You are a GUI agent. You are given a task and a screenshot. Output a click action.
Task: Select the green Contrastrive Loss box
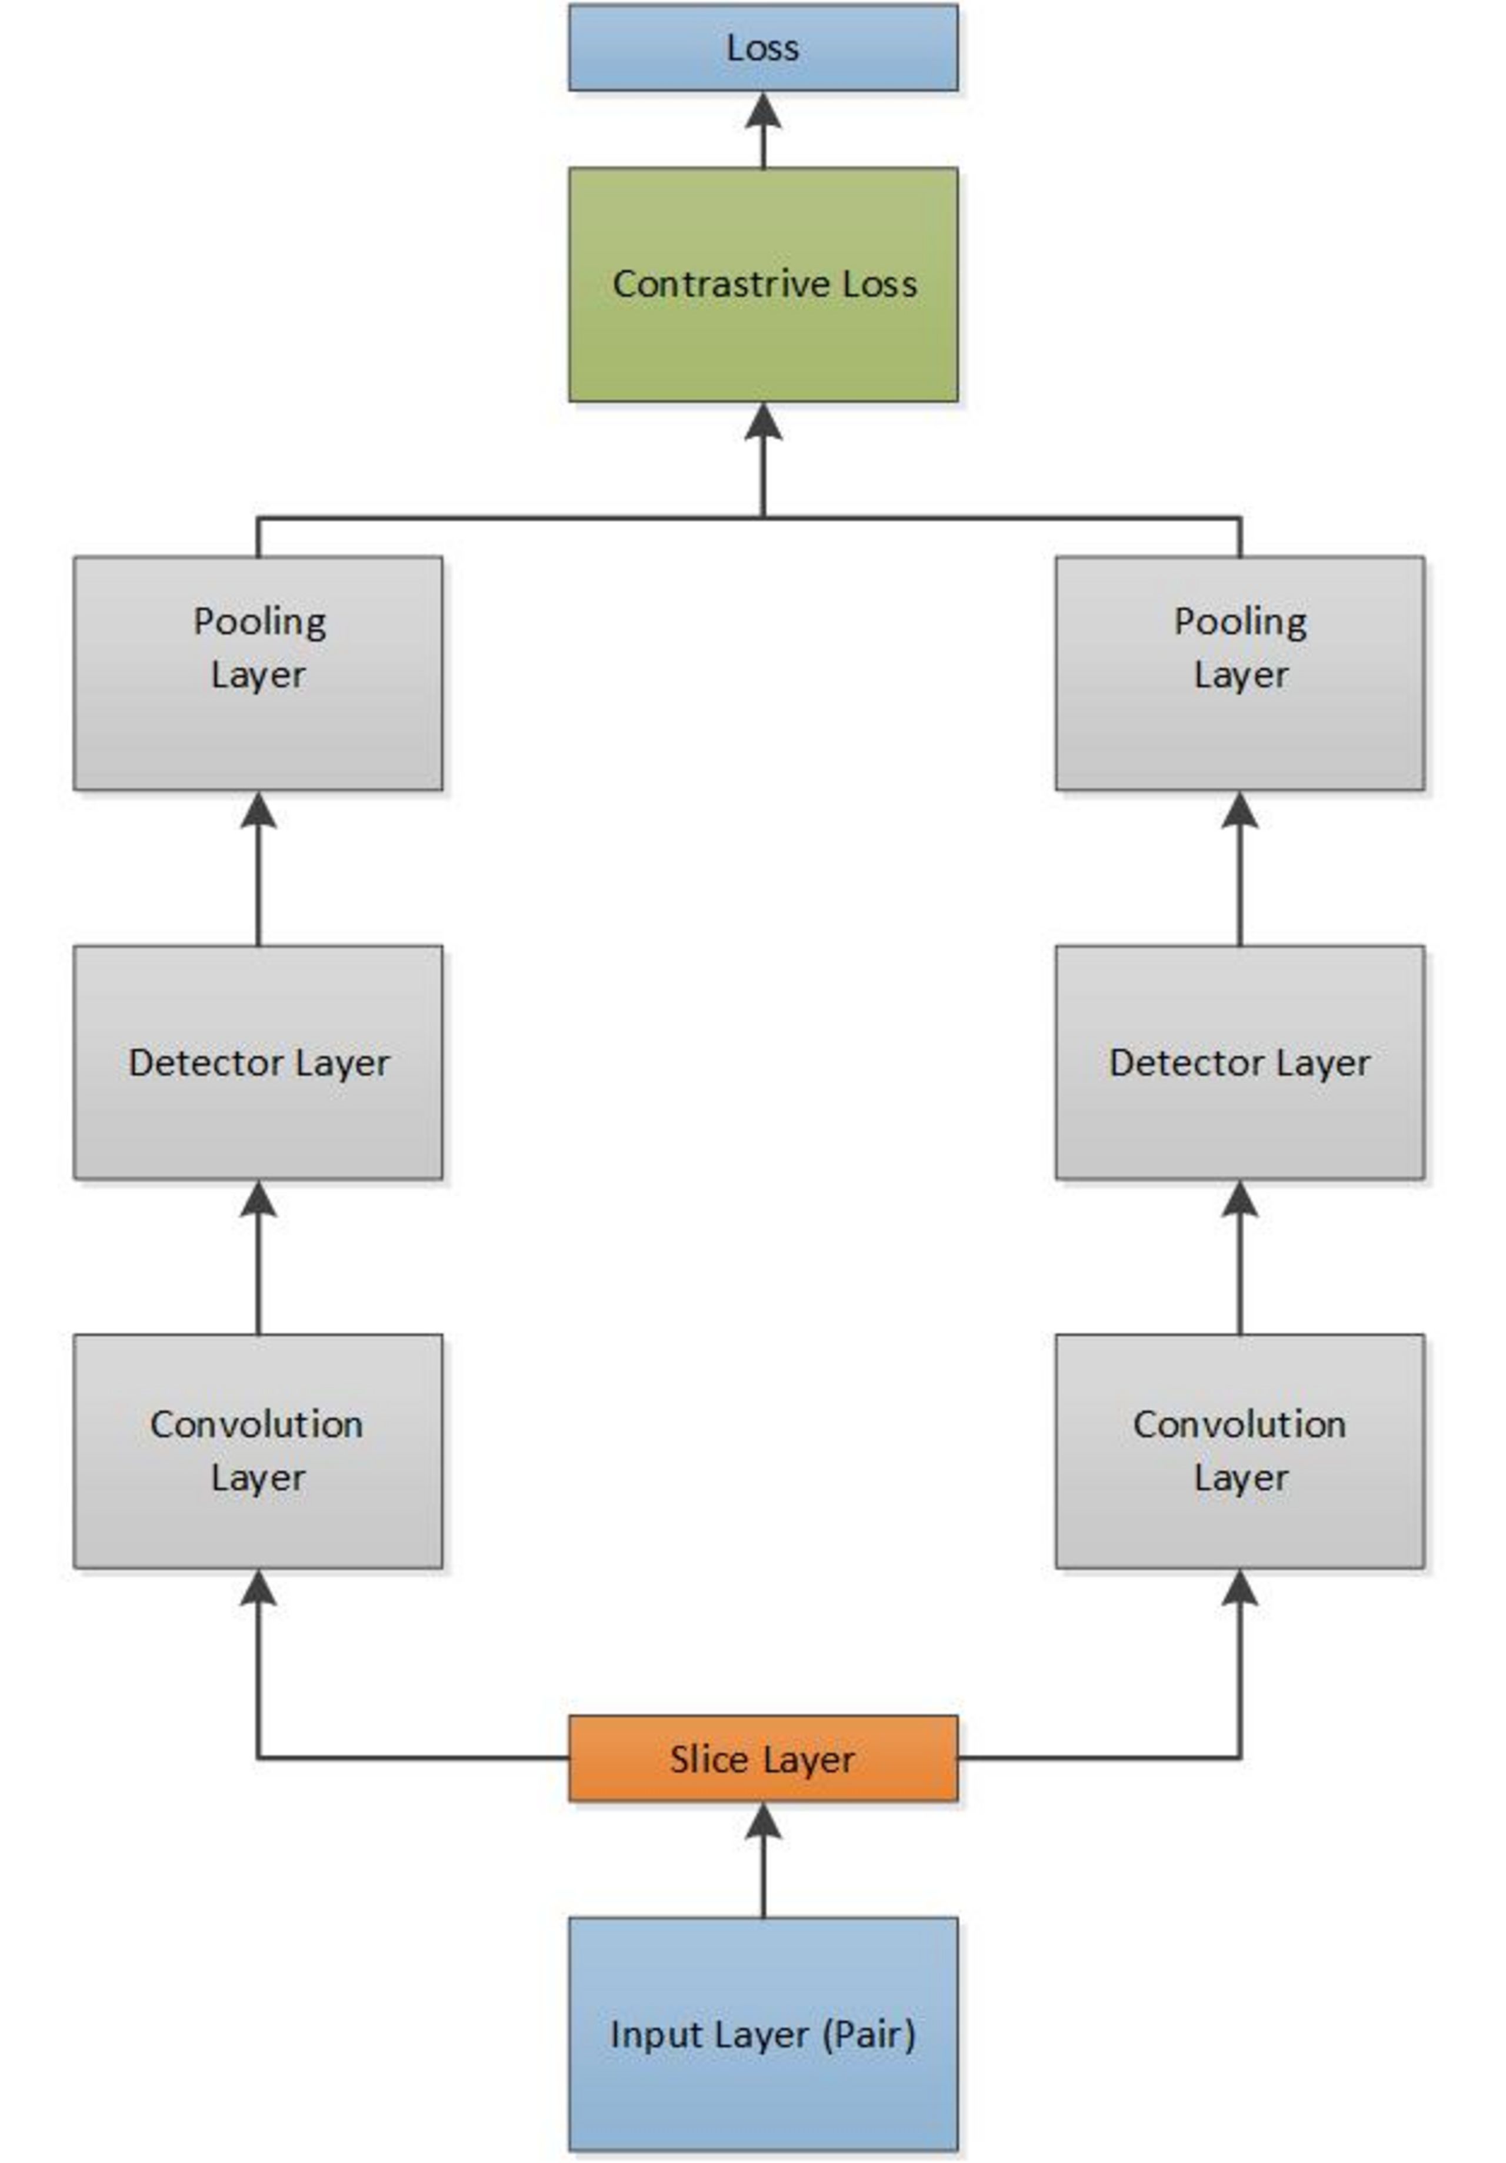tap(763, 284)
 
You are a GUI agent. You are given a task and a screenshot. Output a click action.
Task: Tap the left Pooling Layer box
tap(258, 673)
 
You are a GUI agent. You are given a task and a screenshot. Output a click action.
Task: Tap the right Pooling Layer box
tap(1240, 673)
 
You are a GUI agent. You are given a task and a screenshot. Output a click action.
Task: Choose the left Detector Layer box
tap(258, 1062)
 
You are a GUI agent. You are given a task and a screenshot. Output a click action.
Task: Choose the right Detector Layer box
tap(1240, 1062)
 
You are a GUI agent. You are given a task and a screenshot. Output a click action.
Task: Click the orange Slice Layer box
tap(763, 1759)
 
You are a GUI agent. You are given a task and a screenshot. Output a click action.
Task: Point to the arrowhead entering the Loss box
tap(763, 109)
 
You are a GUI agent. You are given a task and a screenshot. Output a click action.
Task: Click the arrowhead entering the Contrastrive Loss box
tap(763, 421)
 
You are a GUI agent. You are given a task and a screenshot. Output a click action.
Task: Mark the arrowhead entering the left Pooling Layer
tap(258, 809)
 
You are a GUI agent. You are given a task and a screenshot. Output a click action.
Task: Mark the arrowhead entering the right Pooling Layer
tap(1240, 809)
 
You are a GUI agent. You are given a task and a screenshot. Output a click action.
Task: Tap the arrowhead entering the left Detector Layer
tap(258, 1198)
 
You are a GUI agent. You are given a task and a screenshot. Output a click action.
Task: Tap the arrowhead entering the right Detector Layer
tap(1240, 1198)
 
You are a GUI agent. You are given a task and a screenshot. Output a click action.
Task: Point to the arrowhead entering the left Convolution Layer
tap(258, 1587)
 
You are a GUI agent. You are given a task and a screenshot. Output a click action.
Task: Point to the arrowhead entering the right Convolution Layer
tap(1240, 1587)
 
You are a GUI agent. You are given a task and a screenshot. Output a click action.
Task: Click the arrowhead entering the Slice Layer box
tap(763, 1820)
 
